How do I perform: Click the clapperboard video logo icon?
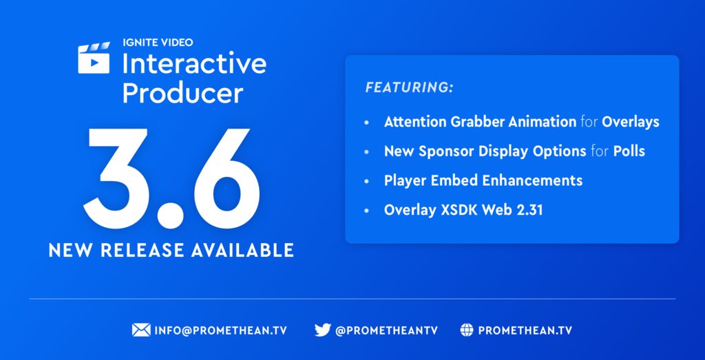click(x=94, y=59)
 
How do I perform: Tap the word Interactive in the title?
click(x=194, y=64)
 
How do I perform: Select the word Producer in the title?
click(x=182, y=93)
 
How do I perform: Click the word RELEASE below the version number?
click(x=148, y=250)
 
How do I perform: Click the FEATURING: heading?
click(x=409, y=88)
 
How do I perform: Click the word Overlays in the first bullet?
click(x=630, y=122)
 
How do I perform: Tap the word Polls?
click(x=629, y=151)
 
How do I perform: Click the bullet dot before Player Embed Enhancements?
click(x=368, y=181)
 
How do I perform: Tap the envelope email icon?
click(x=140, y=330)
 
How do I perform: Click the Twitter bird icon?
click(x=322, y=330)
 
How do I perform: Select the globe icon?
click(x=467, y=330)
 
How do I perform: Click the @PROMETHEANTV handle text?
click(x=386, y=330)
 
